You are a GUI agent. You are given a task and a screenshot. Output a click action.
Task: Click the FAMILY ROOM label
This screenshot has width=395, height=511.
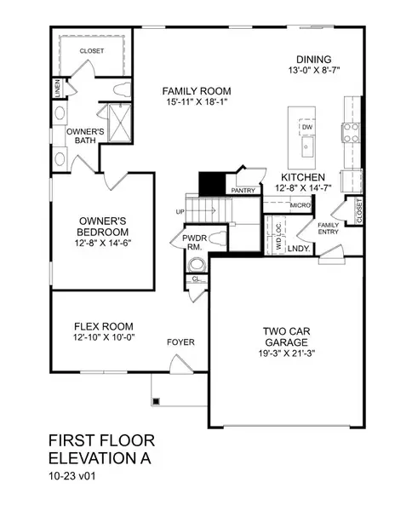pyautogui.click(x=197, y=91)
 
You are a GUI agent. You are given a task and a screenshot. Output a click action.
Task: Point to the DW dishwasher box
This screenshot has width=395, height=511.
pyautogui.click(x=307, y=128)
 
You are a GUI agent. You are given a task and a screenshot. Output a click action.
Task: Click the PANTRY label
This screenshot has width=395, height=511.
pyautogui.click(x=243, y=191)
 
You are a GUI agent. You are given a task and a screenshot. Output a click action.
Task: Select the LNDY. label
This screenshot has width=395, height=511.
pyautogui.click(x=298, y=248)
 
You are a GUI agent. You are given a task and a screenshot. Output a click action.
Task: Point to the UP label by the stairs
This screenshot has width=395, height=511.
pyautogui.click(x=180, y=211)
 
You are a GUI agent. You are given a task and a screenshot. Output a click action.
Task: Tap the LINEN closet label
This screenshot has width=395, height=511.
pyautogui.click(x=57, y=88)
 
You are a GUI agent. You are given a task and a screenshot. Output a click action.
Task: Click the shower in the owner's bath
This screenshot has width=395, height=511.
pyautogui.click(x=114, y=122)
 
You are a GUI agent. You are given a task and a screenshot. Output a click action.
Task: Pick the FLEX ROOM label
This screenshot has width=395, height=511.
pyautogui.click(x=103, y=326)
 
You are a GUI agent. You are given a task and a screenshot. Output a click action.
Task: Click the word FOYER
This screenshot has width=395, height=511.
pyautogui.click(x=180, y=342)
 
